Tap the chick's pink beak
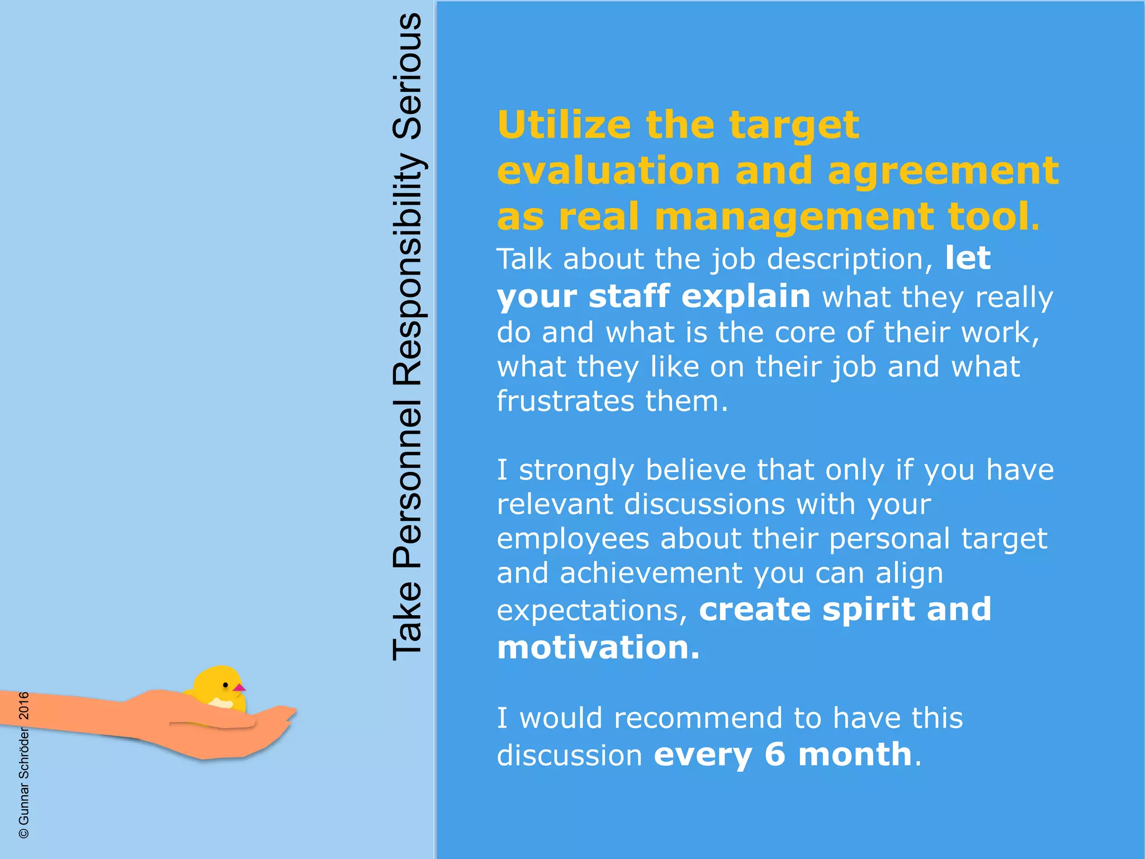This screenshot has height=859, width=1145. point(239,687)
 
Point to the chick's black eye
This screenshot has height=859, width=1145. point(225,685)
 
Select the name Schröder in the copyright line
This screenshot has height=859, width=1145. point(24,752)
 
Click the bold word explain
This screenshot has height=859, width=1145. point(746,296)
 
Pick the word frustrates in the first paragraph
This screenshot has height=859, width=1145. point(565,402)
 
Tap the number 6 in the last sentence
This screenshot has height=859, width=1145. point(775,754)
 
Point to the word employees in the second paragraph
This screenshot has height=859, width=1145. point(572,540)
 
